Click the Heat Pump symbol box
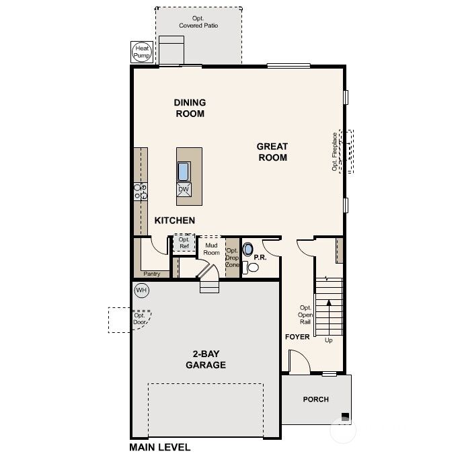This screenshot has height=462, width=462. pos(142,52)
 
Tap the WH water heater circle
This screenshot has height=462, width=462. pos(141,291)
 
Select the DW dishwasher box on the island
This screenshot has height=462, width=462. pos(184,190)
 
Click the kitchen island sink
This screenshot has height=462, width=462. pos(184,171)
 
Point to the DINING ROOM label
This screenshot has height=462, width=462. pos(190,108)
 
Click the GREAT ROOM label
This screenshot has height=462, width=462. pos(272,152)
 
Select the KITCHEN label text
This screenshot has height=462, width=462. pos(175,221)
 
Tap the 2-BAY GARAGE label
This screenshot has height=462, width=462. pos(205,360)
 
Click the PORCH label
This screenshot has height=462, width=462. pos(315,399)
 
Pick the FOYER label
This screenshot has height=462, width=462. pos(297,337)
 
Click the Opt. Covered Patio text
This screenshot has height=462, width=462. pos(198,22)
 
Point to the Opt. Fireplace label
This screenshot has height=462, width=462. pos(334,153)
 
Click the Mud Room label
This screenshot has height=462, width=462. pos(212,249)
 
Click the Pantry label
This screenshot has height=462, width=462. pos(151,274)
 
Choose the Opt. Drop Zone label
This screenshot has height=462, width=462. pos(232,258)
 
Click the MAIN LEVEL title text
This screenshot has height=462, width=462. pos(160,447)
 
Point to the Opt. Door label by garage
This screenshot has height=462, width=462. pos(139,319)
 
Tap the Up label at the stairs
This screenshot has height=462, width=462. pos(329,340)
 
